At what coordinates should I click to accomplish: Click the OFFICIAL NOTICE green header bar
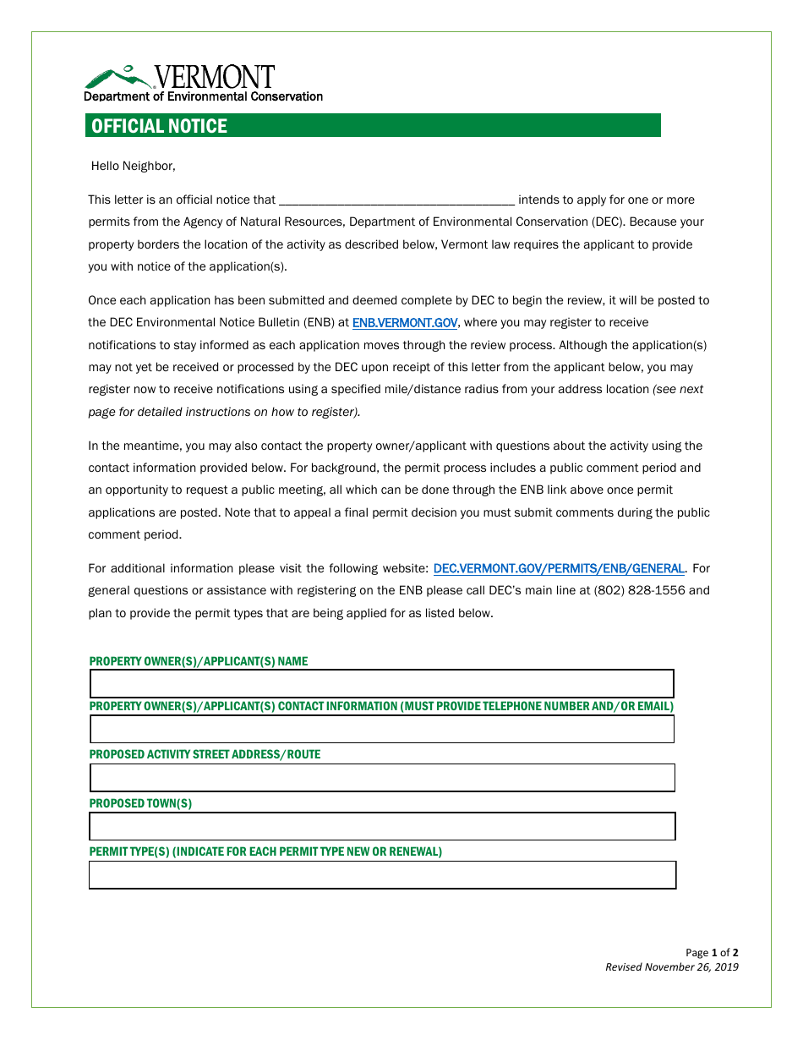(x=373, y=126)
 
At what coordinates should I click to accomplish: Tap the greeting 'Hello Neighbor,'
(x=134, y=166)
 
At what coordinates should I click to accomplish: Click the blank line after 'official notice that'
(x=396, y=200)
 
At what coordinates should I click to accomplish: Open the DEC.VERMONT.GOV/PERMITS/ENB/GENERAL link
(x=559, y=569)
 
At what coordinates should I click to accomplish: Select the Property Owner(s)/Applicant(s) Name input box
(x=382, y=684)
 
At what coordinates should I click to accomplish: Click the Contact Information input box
(x=382, y=729)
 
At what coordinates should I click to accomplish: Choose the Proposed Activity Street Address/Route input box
(x=382, y=778)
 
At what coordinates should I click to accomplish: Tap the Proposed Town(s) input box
(x=382, y=826)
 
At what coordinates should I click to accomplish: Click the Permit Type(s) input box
(x=382, y=875)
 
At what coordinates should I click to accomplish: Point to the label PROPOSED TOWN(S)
(x=140, y=803)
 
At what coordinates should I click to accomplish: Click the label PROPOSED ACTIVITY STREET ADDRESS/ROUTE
(x=205, y=754)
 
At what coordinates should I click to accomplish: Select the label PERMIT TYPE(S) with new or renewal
(x=265, y=851)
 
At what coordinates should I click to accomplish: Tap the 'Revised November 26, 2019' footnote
(x=671, y=967)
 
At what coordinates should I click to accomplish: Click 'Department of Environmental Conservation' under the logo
(x=203, y=96)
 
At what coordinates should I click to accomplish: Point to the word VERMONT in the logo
(x=215, y=77)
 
